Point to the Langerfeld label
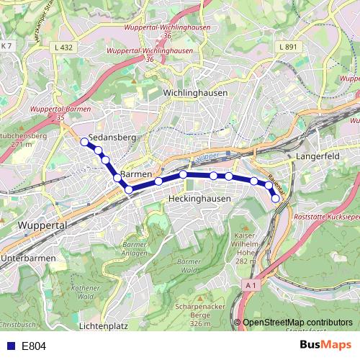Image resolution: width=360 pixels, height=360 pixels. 317,156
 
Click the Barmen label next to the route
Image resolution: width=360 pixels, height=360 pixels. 137,175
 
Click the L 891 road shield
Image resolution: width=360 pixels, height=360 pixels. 287,47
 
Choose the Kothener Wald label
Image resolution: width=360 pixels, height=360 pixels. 84,292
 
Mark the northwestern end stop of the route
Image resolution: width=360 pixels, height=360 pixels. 84,142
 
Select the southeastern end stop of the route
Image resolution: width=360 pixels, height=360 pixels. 275,198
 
